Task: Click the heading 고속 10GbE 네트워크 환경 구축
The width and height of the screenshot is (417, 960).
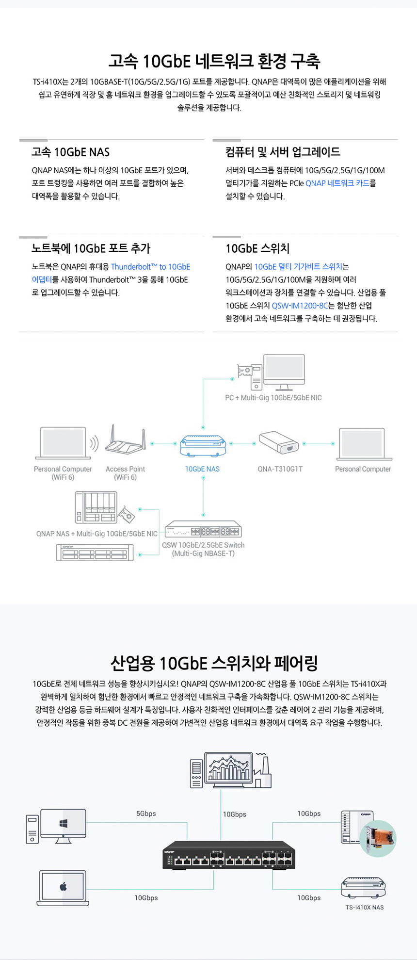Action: tap(214, 62)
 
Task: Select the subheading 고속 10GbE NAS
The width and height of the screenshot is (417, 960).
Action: tap(71, 152)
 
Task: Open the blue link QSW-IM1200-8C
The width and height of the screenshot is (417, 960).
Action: tap(300, 306)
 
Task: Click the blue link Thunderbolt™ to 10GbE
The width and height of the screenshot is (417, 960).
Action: tap(150, 267)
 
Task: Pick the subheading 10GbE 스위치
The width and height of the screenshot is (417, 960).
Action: tap(257, 249)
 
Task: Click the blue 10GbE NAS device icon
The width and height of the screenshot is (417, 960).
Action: tap(203, 445)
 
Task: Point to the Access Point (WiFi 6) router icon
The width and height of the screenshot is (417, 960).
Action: tap(125, 440)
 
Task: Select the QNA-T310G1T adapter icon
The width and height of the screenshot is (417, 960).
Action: tap(278, 442)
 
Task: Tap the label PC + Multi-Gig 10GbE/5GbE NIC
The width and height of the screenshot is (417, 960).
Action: tap(273, 398)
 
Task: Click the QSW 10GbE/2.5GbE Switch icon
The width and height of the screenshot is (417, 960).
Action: tap(203, 529)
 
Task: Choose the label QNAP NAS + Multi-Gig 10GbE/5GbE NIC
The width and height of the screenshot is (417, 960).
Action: tap(96, 534)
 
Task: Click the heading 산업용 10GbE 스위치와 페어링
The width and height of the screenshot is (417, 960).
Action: tap(214, 663)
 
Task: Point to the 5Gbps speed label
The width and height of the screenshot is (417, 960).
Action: tap(146, 814)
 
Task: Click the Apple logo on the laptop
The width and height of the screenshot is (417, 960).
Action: tap(63, 887)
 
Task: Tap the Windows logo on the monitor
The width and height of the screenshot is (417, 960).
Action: tap(63, 823)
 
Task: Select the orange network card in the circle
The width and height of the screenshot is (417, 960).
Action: tap(378, 838)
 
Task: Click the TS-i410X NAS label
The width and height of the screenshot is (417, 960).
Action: tap(364, 907)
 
